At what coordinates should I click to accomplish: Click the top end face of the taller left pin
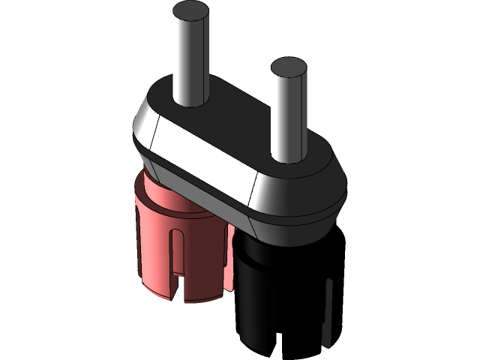[188, 12]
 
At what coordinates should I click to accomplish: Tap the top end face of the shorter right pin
[288, 68]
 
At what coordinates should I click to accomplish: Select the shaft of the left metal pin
[188, 60]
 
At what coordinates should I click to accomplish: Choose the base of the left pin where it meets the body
[188, 101]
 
